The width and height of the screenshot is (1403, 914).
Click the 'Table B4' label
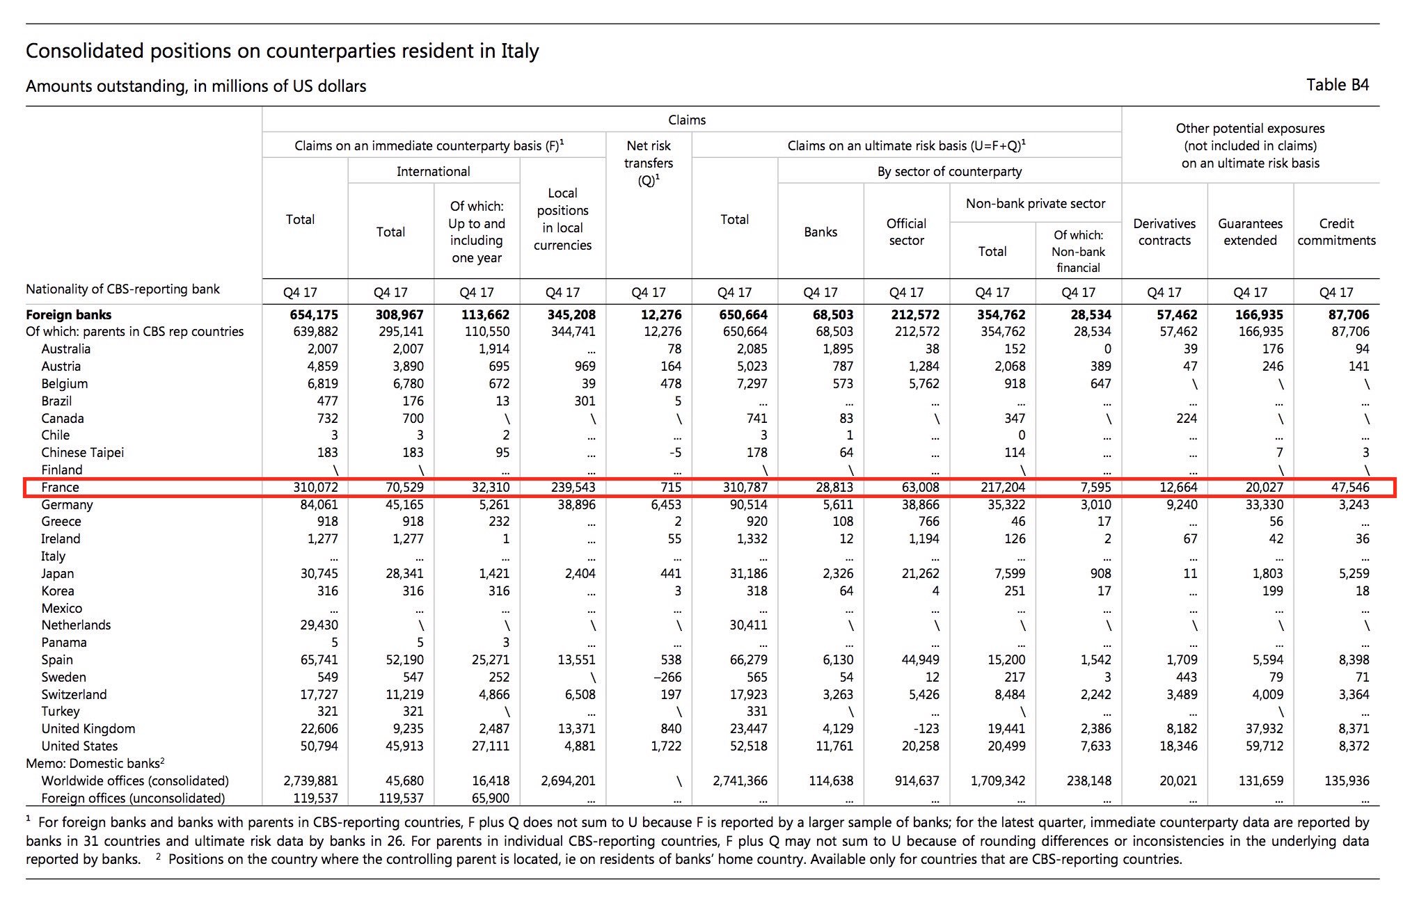pos(1337,85)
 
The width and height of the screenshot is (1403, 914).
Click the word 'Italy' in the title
pos(519,51)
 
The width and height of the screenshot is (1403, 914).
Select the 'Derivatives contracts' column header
pos(1164,232)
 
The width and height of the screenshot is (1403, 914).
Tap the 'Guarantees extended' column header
pos(1250,232)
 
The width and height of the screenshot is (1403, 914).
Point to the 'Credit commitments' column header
pos(1336,232)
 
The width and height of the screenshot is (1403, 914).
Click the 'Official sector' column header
pos(906,232)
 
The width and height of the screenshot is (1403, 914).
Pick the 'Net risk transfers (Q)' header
pos(649,163)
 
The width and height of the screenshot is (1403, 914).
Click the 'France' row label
pos(60,487)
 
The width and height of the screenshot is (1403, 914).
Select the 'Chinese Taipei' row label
pos(82,453)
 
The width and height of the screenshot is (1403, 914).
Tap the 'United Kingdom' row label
pos(88,729)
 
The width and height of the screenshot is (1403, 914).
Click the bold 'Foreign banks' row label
pos(68,314)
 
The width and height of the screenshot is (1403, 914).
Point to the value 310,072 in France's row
pos(315,487)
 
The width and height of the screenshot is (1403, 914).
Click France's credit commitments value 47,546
pos(1350,487)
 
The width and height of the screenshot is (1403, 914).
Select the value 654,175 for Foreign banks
pos(314,314)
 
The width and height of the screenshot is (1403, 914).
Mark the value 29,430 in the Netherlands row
pos(319,625)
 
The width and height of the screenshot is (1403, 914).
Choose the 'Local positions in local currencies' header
pos(562,219)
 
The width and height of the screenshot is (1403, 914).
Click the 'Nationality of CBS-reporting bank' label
pos(122,289)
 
